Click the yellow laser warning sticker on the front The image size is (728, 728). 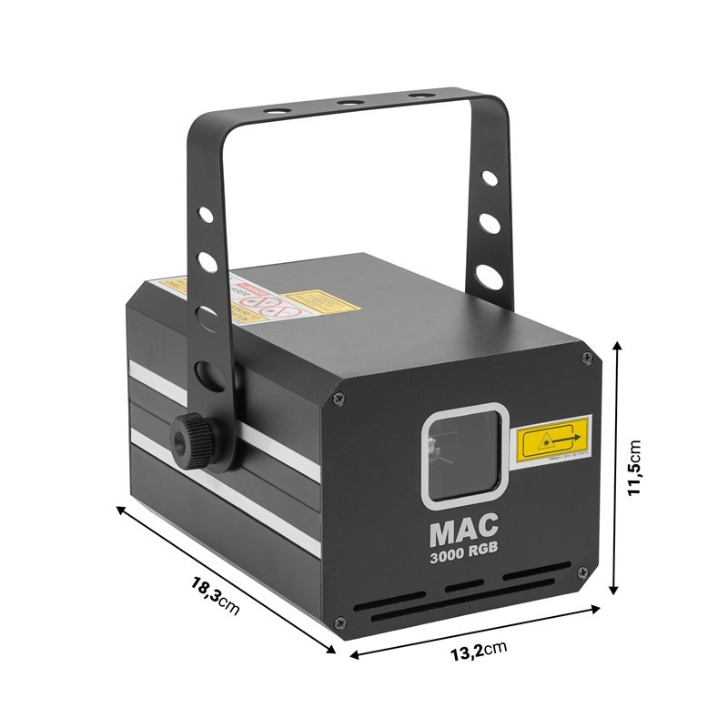552,442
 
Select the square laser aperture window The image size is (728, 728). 461,450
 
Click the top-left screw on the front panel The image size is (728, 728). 339,397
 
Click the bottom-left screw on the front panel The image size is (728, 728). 339,622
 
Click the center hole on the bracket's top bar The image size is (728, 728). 347,104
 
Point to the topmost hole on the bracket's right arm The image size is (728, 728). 492,178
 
